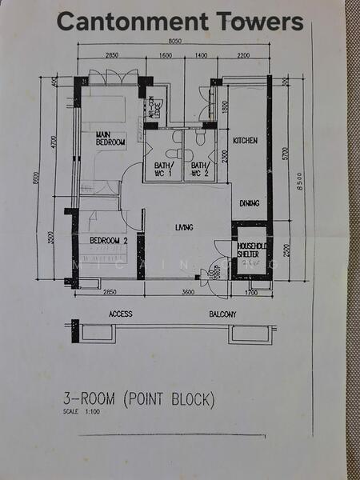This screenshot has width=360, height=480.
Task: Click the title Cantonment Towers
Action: [x=181, y=22]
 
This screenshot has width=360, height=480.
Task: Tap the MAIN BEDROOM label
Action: [x=110, y=138]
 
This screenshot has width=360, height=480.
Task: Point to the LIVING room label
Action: [x=185, y=228]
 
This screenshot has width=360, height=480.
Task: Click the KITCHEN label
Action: [x=245, y=141]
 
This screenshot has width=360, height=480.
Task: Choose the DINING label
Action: [x=249, y=203]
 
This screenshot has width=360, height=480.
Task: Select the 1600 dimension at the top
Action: [x=166, y=56]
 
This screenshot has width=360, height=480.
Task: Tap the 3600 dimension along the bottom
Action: [x=187, y=293]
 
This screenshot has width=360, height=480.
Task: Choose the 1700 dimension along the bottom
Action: [x=252, y=293]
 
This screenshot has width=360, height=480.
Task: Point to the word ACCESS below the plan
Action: [x=120, y=314]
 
